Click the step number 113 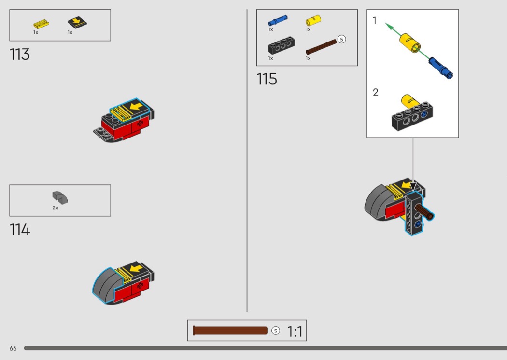pos(20,55)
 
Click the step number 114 pos(20,230)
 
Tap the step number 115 pos(267,79)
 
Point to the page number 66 pos(13,348)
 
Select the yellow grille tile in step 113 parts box pos(41,24)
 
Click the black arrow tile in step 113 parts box pos(77,23)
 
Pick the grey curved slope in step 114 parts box pos(60,197)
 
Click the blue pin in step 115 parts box pos(278,20)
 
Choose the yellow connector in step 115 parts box pos(313,20)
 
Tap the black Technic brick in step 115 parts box pos(282,45)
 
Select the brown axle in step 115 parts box pos(322,47)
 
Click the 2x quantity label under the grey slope pos(56,208)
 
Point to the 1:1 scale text pos(295,332)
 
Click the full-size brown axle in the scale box pos(230,331)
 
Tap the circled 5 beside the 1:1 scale pos(276,331)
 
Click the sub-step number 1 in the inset pos(374,21)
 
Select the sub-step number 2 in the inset pos(375,93)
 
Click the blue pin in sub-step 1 pos(441,68)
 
